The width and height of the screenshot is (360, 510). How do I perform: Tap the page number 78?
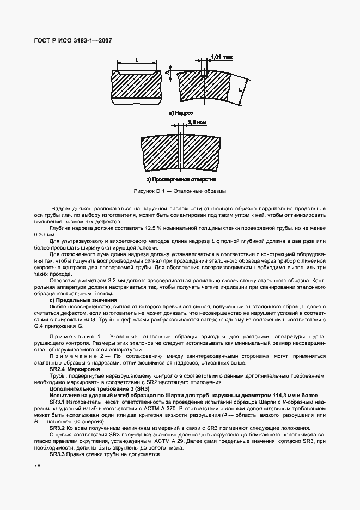tap(37, 465)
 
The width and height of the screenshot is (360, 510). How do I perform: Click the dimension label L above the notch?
tap(136, 62)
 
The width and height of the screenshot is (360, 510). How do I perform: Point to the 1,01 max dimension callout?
tap(222, 56)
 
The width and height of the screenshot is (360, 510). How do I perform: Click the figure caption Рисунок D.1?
tap(180, 192)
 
